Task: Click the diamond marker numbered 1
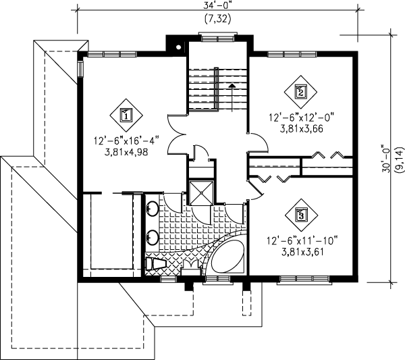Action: coord(126,115)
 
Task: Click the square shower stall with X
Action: coord(201,192)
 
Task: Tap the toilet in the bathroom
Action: coord(157,263)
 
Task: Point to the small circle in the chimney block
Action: coord(177,47)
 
